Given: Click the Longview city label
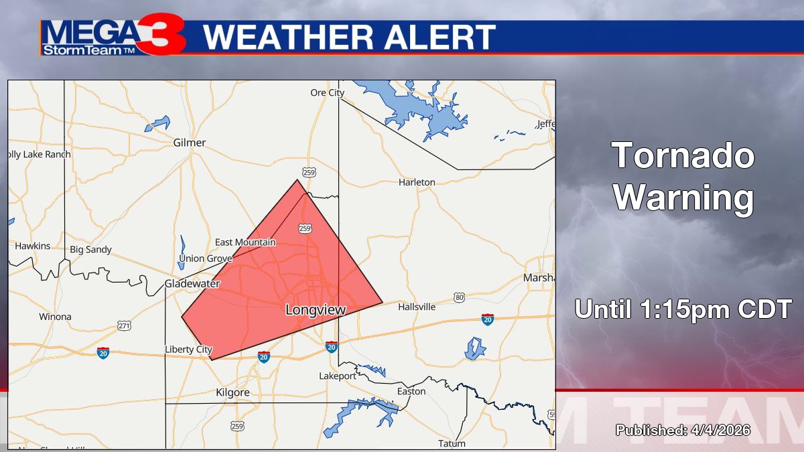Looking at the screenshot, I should tap(315, 310).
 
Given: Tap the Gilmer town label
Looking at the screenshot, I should tap(190, 143).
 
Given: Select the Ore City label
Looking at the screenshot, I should tap(327, 93).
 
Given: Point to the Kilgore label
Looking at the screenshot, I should tap(232, 392).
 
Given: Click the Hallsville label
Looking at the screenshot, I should tap(417, 307).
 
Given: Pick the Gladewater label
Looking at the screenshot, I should tap(192, 284).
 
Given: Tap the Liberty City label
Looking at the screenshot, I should tap(188, 350).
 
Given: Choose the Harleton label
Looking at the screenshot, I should tap(417, 182).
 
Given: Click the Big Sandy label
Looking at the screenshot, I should tap(91, 250).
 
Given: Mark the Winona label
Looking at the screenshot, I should tap(55, 317).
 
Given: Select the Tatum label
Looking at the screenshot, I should tap(452, 443).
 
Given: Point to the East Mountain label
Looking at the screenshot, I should tap(245, 242).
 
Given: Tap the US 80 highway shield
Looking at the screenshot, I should tap(459, 297).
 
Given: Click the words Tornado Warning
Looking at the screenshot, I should tap(683, 177).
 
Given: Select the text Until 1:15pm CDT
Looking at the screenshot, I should tap(683, 309).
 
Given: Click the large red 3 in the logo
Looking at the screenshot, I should tap(163, 36).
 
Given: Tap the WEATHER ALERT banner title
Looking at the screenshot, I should tap(350, 37).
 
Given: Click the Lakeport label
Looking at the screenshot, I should tap(338, 376).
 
